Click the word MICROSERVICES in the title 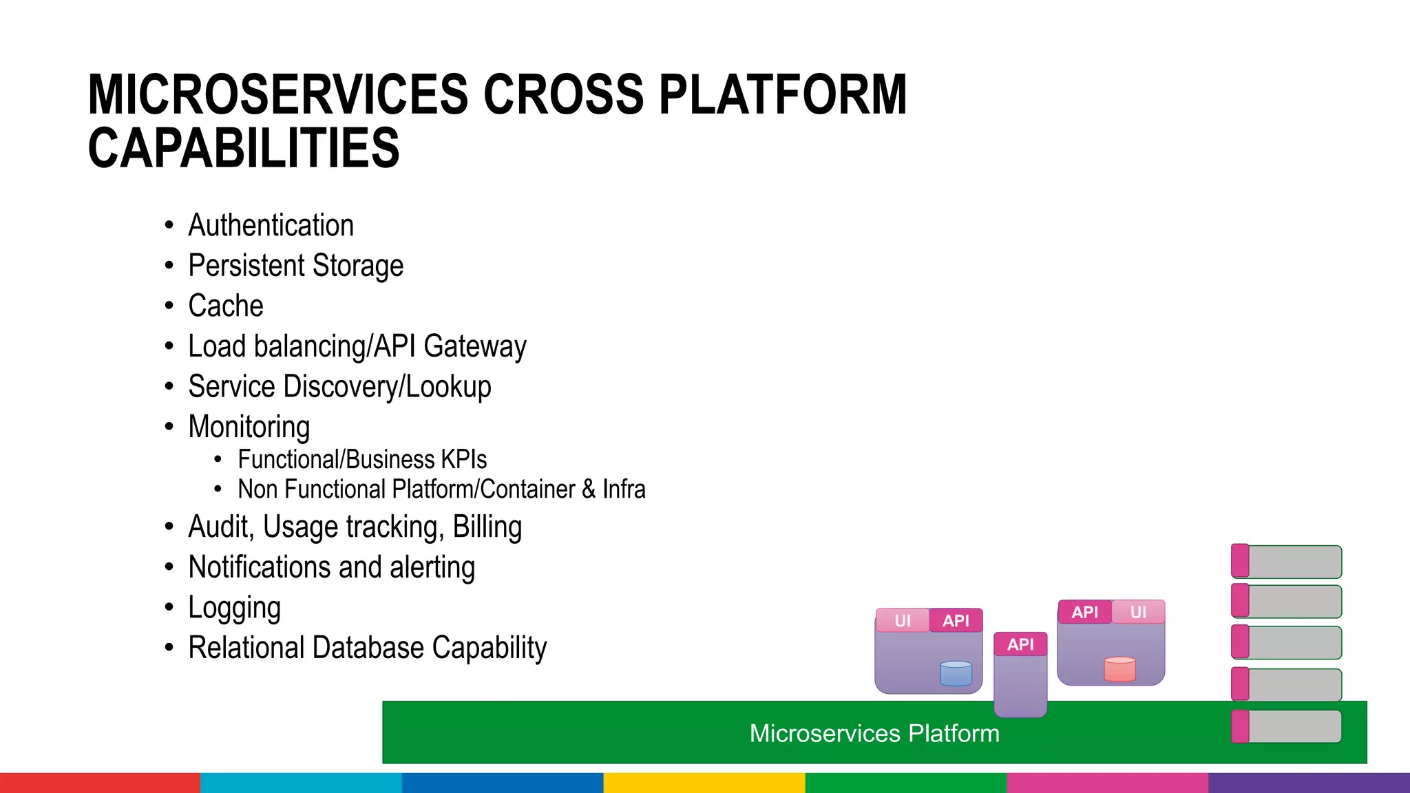coord(277,95)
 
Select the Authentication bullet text coord(271,226)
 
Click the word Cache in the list coord(226,306)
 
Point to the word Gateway coord(475,346)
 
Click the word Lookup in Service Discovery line coord(448,387)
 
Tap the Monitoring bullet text coord(249,427)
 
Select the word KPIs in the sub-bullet coord(463,459)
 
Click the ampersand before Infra coord(589,489)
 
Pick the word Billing coord(487,527)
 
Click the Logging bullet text coord(234,608)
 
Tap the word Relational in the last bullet coord(246,648)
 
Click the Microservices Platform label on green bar coord(874,733)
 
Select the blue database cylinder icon coord(956,673)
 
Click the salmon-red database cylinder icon coord(1119,669)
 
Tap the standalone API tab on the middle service coord(1020,644)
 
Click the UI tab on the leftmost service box coord(902,621)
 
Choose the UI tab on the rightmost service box coord(1138,612)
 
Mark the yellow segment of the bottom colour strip coord(704,783)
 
